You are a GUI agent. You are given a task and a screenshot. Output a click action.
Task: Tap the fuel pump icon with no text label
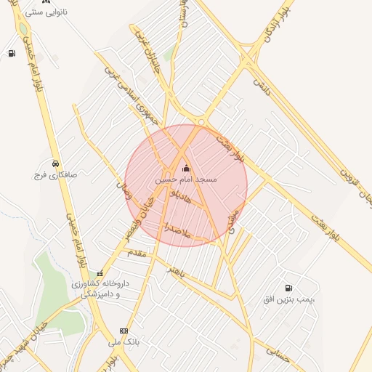pos(12,54)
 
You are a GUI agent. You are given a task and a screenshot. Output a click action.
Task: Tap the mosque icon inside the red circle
pos(186,169)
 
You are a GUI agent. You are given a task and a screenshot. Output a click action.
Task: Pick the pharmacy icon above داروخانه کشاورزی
pos(100,273)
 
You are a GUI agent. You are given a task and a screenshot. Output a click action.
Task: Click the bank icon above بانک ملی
pos(124,330)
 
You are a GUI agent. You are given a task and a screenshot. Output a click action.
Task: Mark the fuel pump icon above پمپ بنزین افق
pos(289,288)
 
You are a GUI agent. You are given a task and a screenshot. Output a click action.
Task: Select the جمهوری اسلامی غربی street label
pos(129,92)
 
